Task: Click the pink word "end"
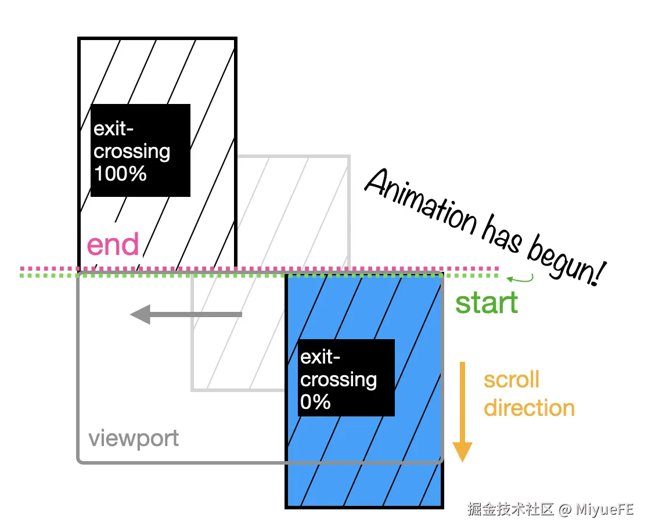[113, 245]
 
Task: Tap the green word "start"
[487, 303]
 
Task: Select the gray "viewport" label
[134, 438]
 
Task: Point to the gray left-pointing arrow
[186, 315]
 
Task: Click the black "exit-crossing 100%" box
[141, 150]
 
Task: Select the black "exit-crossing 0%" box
[347, 378]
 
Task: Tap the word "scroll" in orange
[512, 380]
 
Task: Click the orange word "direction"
[529, 408]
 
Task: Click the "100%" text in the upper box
[120, 173]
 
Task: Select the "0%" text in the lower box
[315, 401]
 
